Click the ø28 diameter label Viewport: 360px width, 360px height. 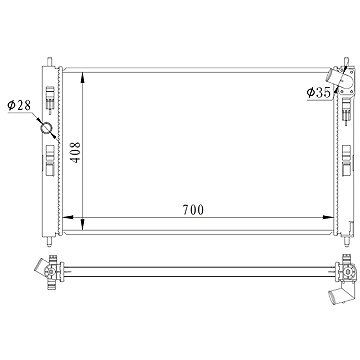(19, 106)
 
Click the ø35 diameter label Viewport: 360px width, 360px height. (319, 93)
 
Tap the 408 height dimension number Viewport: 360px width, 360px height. (76, 152)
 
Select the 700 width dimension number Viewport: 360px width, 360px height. (193, 210)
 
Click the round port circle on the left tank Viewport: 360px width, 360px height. (46, 128)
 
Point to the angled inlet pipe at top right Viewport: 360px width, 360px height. (333, 76)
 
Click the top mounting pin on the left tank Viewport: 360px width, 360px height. (49, 62)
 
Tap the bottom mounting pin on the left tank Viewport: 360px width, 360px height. (49, 241)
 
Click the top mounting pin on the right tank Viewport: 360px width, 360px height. (346, 61)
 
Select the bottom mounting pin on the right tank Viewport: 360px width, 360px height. (346, 241)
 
